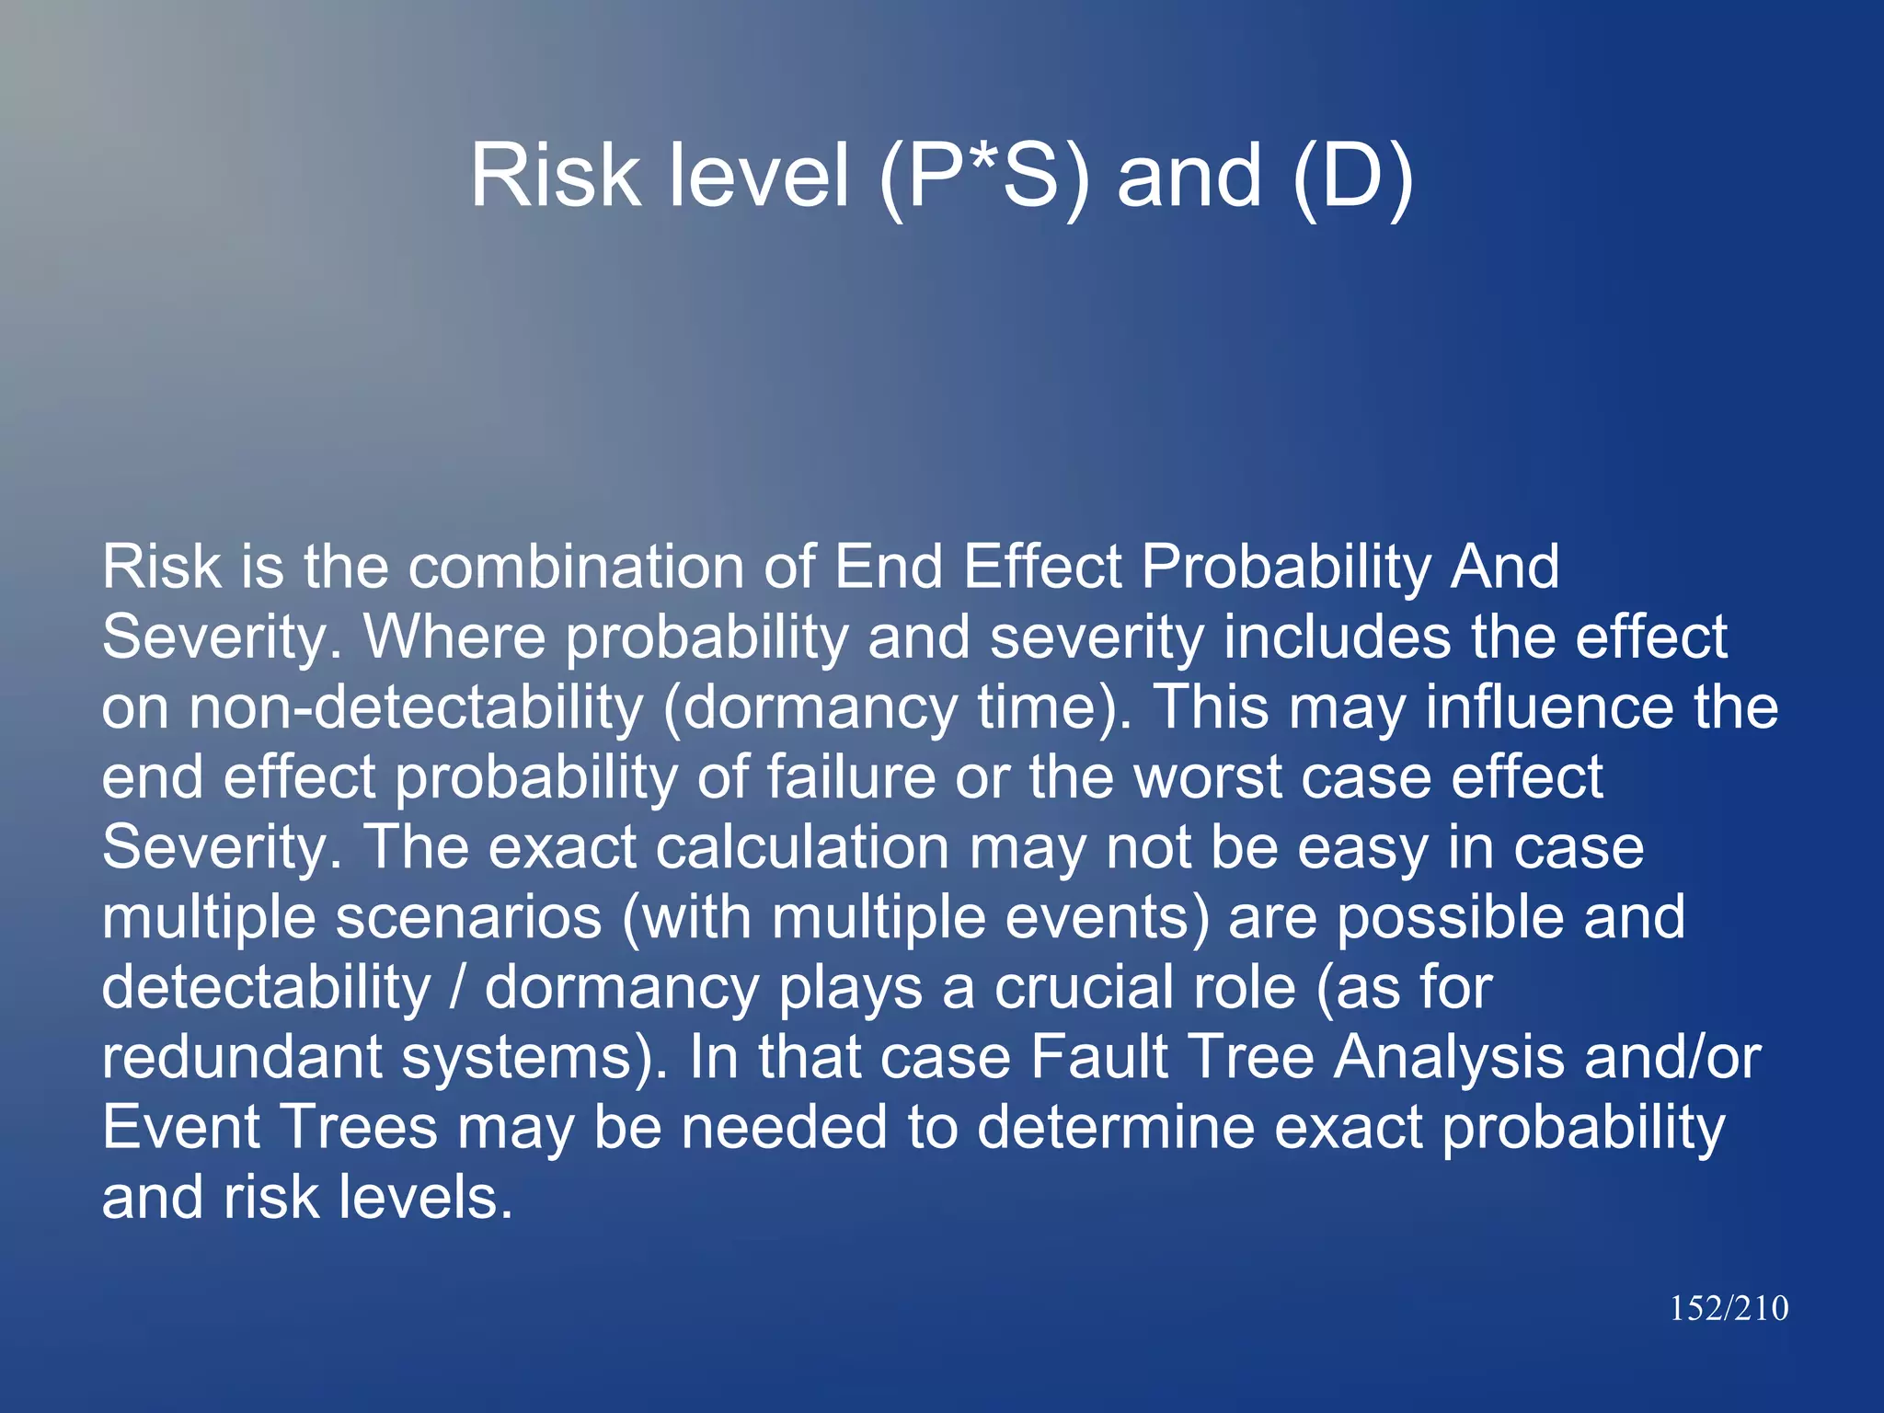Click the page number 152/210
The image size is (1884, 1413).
coord(1729,1308)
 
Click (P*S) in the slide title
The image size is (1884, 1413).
coord(983,176)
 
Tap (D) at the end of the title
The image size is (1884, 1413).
coord(1352,176)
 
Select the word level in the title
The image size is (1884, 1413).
coord(759,176)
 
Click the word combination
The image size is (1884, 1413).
coord(577,567)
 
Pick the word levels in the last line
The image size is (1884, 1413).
coord(424,1198)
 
